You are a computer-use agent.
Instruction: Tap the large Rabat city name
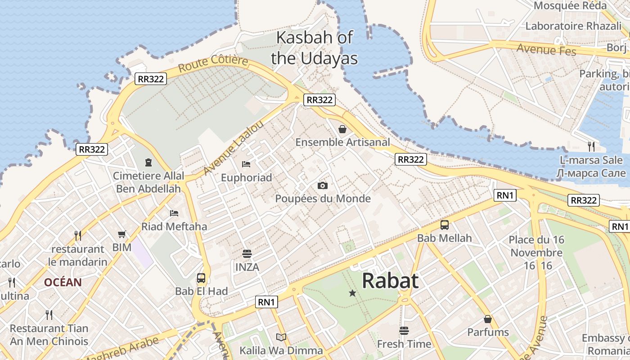click(x=390, y=281)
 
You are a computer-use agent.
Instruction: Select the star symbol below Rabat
click(x=352, y=293)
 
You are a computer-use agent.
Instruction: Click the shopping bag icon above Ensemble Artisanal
click(x=342, y=130)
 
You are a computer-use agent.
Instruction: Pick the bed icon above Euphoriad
click(x=246, y=164)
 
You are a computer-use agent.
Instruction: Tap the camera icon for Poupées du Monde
click(x=322, y=185)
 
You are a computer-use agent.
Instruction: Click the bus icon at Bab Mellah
click(x=445, y=225)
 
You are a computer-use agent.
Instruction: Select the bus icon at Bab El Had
click(x=201, y=278)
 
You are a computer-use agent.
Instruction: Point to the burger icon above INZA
click(x=247, y=254)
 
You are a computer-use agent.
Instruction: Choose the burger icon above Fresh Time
click(x=404, y=331)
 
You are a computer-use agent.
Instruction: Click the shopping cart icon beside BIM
click(x=121, y=234)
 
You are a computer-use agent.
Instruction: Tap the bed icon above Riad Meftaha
click(x=174, y=213)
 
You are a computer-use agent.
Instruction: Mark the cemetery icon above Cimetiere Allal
click(x=148, y=162)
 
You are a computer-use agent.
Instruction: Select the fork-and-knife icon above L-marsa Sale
click(x=591, y=146)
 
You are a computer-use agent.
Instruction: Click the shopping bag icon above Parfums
click(x=487, y=319)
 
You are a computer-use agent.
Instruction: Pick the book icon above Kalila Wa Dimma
click(x=281, y=337)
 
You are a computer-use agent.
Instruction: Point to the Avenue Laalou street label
click(x=233, y=148)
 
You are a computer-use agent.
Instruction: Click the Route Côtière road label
click(x=213, y=64)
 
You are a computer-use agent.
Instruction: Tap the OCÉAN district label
click(x=63, y=283)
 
